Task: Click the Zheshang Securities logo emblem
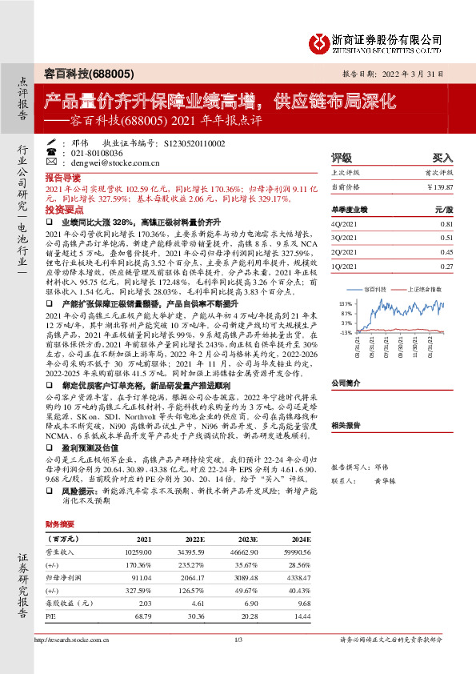[319, 42]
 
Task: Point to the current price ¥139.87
[441, 186]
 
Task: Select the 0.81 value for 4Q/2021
[446, 225]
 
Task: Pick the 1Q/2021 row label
[342, 265]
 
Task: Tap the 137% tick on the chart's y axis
[346, 305]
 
